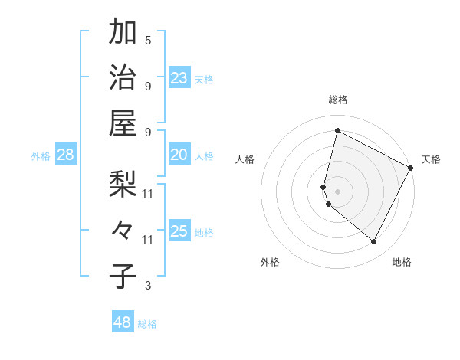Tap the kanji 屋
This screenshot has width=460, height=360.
click(123, 122)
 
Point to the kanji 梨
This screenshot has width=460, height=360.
click(123, 185)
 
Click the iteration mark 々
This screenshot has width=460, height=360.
click(123, 230)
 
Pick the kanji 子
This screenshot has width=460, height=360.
click(123, 275)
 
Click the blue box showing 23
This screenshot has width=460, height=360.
click(179, 77)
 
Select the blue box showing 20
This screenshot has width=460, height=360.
click(179, 155)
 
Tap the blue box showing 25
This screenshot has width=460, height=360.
click(179, 231)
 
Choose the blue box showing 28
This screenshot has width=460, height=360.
click(66, 155)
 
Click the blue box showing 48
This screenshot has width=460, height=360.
click(123, 322)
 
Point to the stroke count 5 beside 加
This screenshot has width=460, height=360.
click(148, 41)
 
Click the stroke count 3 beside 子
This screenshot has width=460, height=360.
click(148, 286)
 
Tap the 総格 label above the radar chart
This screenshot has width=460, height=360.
click(337, 100)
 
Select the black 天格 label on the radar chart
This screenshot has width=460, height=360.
click(431, 159)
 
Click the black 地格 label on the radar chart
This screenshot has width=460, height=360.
click(402, 262)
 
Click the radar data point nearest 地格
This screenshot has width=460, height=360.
click(373, 241)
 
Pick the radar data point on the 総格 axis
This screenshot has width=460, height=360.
click(337, 131)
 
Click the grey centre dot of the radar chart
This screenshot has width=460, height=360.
click(337, 191)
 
